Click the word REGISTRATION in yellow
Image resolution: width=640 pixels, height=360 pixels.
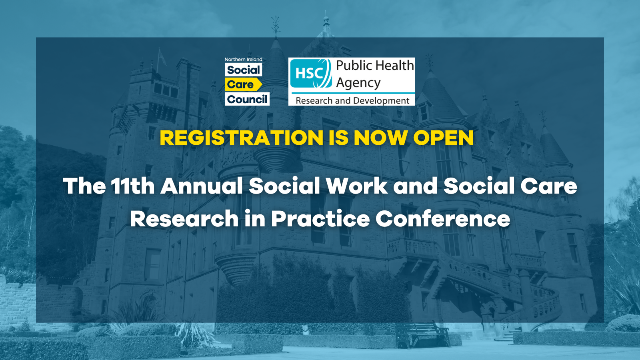[x=241, y=138]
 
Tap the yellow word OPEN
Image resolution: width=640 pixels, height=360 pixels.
[x=443, y=138]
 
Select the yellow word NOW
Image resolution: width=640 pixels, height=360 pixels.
[x=380, y=138]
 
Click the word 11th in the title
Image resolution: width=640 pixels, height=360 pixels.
[x=132, y=186]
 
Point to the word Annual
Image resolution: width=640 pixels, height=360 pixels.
[x=202, y=186]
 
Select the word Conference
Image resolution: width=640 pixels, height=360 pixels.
[x=443, y=219]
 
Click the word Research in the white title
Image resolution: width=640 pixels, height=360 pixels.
[x=184, y=219]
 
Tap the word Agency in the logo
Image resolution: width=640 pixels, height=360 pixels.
[x=358, y=83]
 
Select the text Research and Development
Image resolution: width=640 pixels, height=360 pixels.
[x=352, y=100]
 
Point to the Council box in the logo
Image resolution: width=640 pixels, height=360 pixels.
[x=247, y=99]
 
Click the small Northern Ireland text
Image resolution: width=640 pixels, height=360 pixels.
[x=243, y=60]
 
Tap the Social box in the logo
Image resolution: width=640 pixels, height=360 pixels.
[x=243, y=70]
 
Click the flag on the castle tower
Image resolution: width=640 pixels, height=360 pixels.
[x=162, y=58]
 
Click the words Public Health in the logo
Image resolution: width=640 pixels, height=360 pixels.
[x=375, y=65]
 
